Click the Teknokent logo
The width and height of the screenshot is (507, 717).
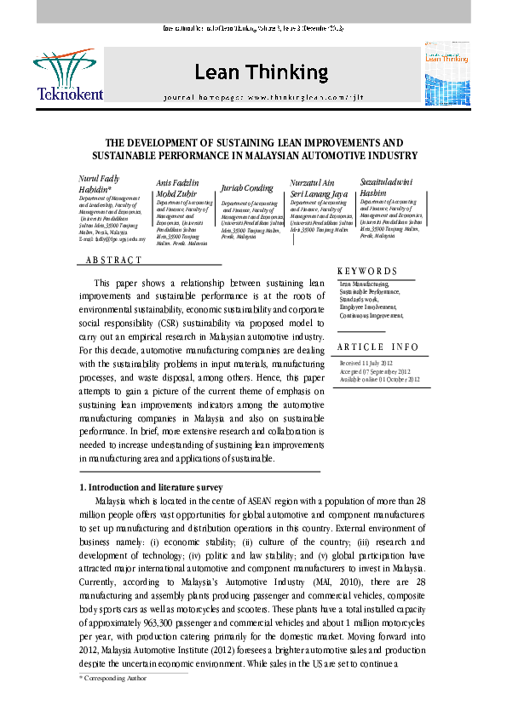click(x=67, y=75)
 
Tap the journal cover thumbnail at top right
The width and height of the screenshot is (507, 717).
click(x=447, y=75)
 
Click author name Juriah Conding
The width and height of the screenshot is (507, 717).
click(x=247, y=187)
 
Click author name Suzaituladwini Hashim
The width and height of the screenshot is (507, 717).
click(x=390, y=187)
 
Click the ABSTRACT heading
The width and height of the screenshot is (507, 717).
click(x=114, y=259)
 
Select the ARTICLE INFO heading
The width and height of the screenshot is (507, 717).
click(x=377, y=347)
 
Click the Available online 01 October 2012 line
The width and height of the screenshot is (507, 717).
click(x=379, y=379)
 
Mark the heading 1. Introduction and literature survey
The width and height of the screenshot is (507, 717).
click(x=151, y=487)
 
